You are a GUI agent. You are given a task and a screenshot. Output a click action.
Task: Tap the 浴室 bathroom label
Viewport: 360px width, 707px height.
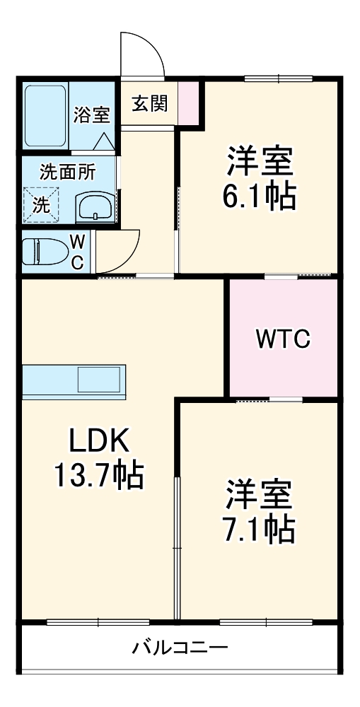pos(91,115)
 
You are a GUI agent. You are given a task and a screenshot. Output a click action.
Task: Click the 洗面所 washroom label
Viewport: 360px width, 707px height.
pos(67,171)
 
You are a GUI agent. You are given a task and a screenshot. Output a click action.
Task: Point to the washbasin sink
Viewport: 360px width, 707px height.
pos(93,208)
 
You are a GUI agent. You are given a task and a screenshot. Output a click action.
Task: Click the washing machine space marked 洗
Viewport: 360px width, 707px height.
pos(42,205)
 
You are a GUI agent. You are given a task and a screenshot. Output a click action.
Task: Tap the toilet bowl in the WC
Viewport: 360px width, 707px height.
pos(44,250)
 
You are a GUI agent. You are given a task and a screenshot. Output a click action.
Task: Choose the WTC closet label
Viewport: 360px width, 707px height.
pos(282,340)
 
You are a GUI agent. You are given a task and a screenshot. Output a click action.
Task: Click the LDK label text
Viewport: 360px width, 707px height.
pos(98,442)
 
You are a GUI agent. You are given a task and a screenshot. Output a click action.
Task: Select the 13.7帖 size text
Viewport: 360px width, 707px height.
pos(98,476)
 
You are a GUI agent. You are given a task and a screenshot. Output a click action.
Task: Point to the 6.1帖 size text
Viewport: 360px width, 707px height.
pos(259,196)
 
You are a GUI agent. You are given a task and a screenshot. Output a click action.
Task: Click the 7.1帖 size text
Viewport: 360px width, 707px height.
pos(259,528)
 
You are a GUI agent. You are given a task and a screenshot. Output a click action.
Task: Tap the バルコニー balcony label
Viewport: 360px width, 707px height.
pos(180,647)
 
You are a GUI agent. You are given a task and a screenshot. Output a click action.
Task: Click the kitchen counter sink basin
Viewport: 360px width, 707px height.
pos(100,380)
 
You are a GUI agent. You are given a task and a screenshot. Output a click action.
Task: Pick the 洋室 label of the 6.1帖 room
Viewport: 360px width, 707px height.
pos(259,162)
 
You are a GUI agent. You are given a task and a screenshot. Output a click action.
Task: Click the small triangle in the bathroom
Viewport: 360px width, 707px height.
pos(103,141)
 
